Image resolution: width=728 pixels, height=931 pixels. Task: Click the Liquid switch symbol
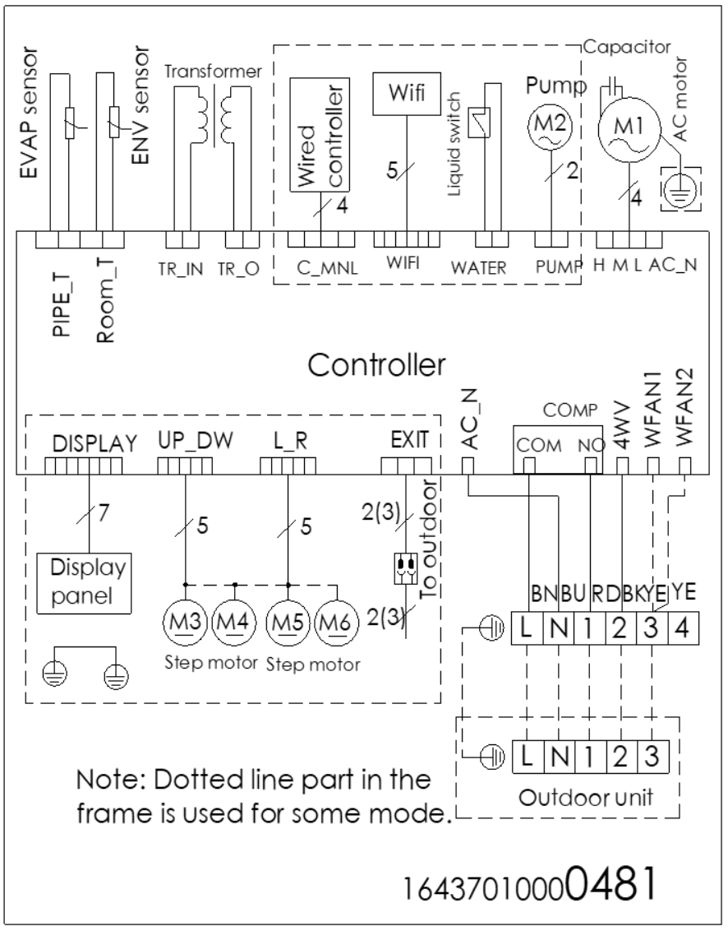click(474, 123)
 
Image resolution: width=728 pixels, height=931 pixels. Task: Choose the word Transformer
click(212, 71)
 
